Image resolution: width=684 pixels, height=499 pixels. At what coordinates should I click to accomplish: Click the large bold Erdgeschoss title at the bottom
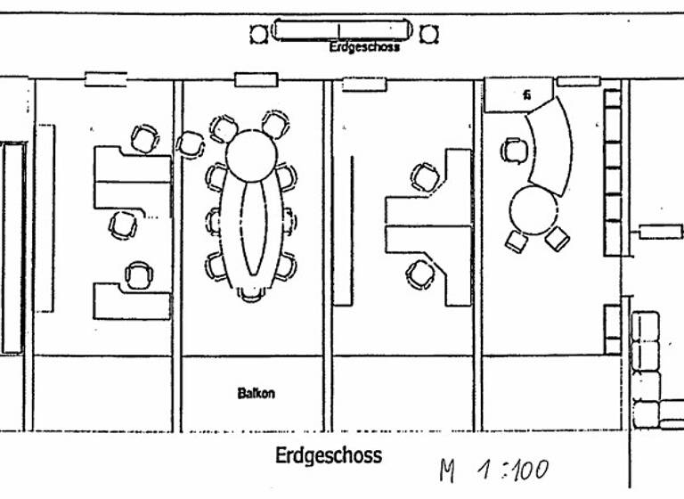(329, 456)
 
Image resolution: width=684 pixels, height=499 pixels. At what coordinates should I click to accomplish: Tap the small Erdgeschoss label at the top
(364, 47)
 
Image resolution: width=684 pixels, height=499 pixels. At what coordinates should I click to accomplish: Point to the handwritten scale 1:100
(493, 470)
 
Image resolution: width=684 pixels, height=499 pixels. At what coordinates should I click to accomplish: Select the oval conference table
(256, 228)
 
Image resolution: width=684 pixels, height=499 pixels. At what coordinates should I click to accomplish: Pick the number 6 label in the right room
(527, 94)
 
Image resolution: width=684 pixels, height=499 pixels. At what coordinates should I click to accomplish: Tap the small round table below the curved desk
(533, 209)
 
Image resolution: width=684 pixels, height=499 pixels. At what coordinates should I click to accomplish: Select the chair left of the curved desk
(512, 150)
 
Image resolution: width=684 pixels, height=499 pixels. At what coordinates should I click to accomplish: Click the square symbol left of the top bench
(258, 34)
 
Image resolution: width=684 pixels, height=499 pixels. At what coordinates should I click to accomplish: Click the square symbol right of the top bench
(429, 34)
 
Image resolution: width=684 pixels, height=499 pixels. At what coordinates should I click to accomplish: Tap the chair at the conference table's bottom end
(250, 295)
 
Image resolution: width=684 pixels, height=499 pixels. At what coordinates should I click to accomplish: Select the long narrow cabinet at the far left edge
(12, 247)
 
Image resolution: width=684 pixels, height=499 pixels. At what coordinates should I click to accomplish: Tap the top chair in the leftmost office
(143, 138)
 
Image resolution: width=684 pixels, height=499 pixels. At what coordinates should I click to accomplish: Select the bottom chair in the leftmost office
(138, 274)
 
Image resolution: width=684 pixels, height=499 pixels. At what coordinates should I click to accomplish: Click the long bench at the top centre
(341, 29)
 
